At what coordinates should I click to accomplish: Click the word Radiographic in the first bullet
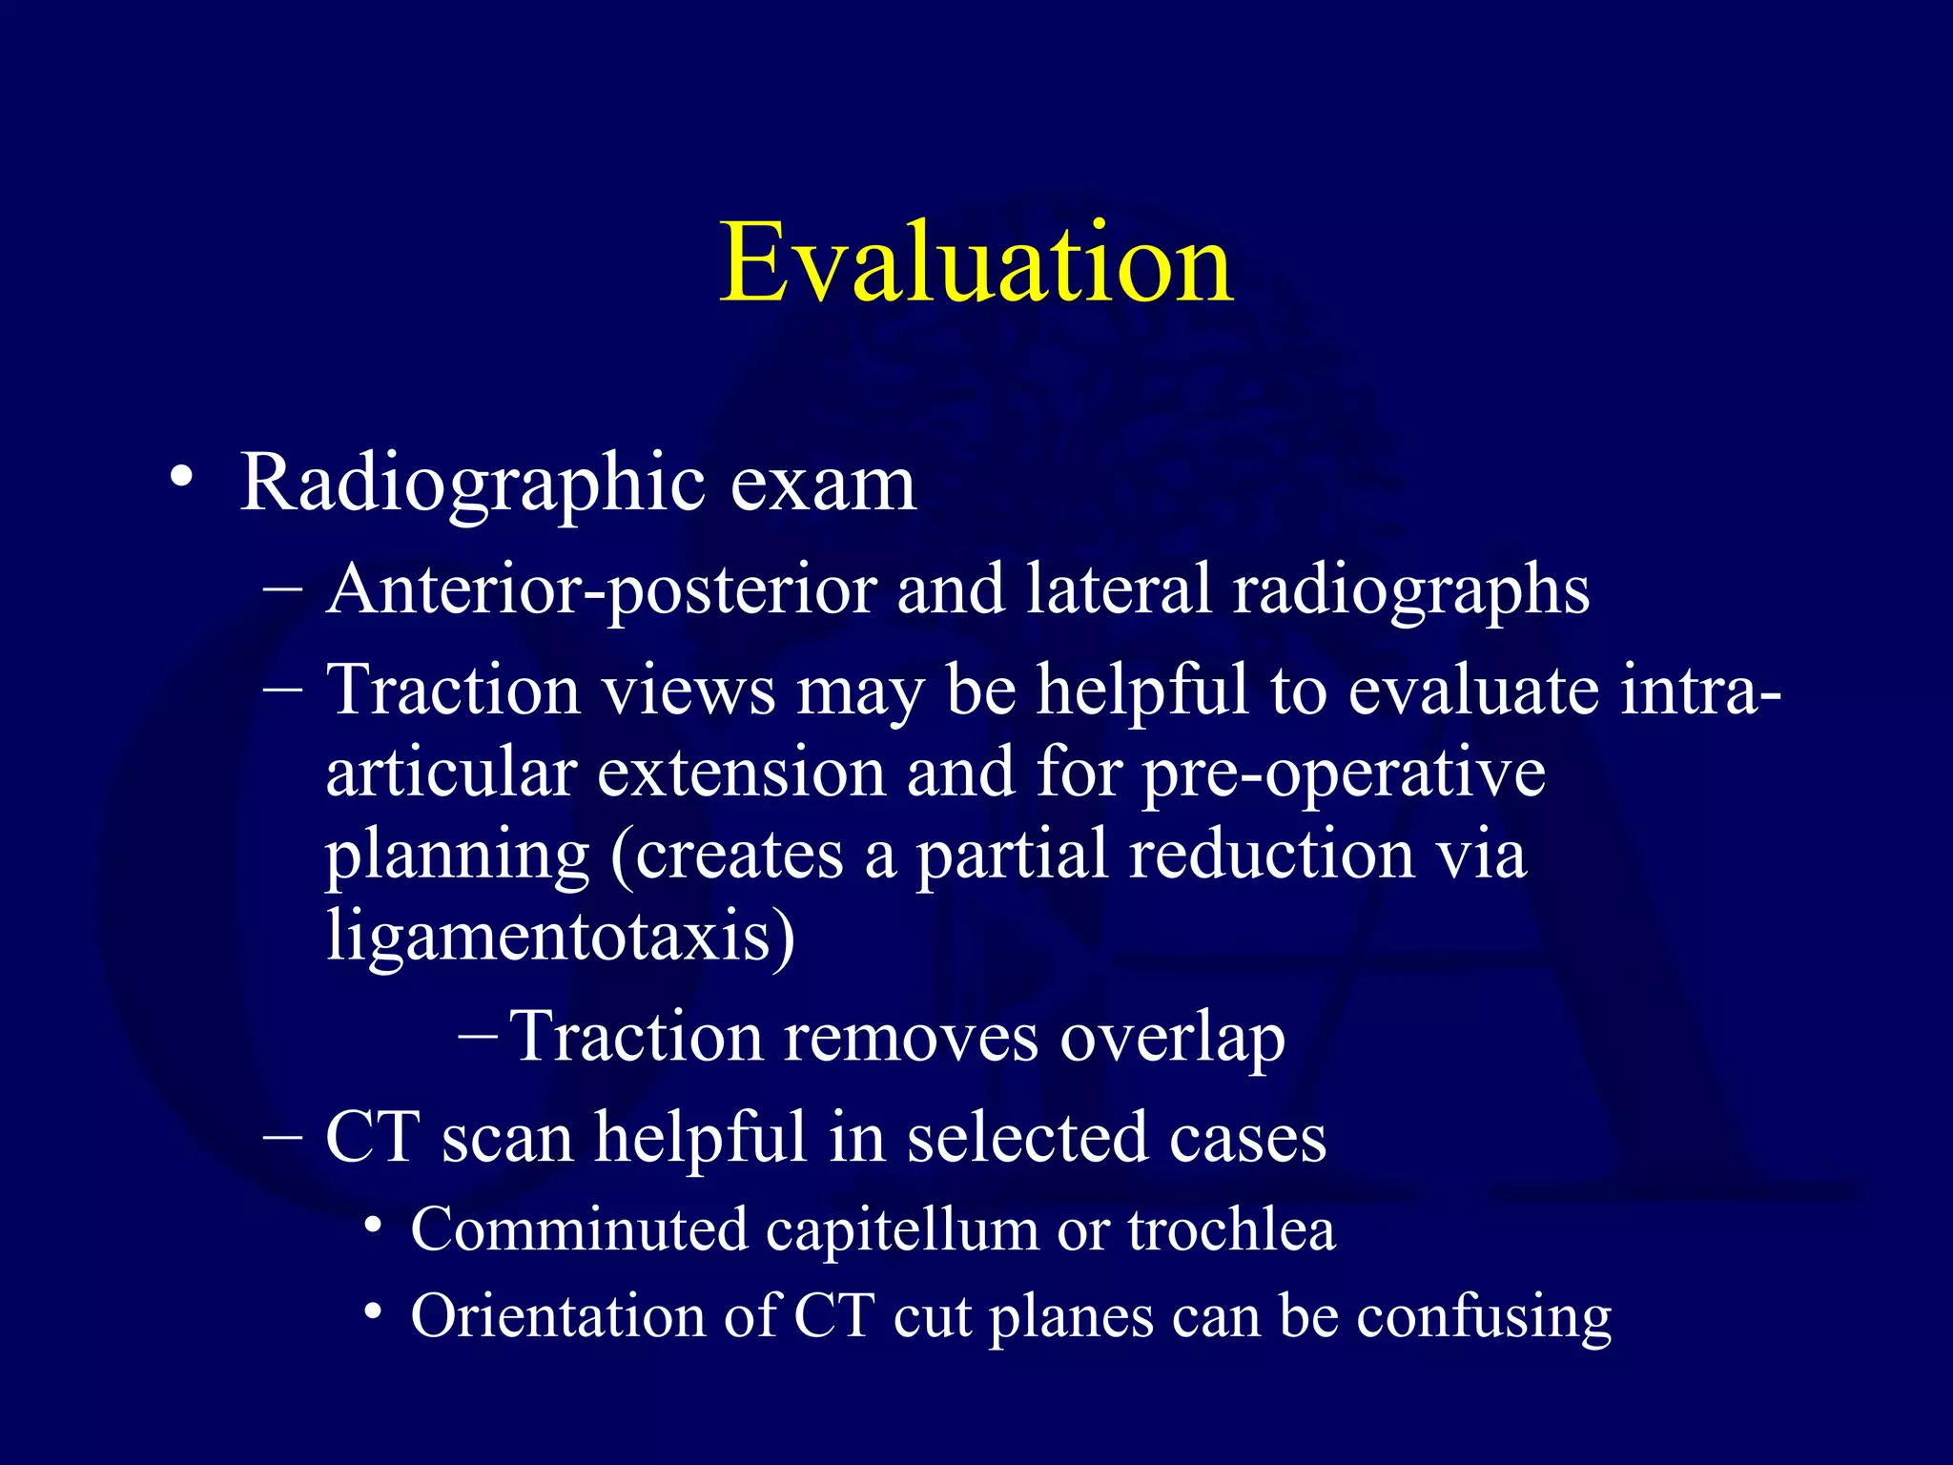tap(473, 485)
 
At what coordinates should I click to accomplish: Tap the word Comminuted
tap(579, 1230)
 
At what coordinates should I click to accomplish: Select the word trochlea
tap(1231, 1230)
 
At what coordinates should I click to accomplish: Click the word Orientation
tap(557, 1316)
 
